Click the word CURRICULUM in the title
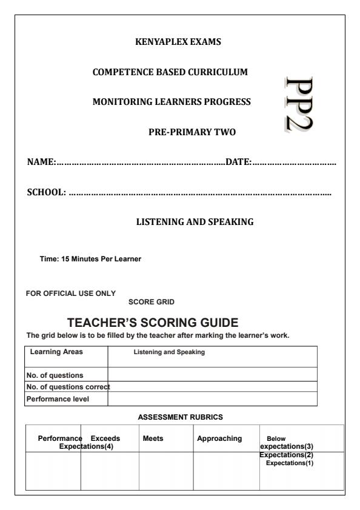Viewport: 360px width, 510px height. point(218,72)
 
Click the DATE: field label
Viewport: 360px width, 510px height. point(239,161)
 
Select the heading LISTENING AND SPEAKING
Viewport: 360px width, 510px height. point(195,223)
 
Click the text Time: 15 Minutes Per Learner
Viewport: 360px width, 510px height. point(90,260)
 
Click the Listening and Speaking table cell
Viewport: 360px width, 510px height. point(169,352)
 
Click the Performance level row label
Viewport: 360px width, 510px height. point(56,399)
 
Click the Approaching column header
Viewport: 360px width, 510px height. point(219,438)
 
